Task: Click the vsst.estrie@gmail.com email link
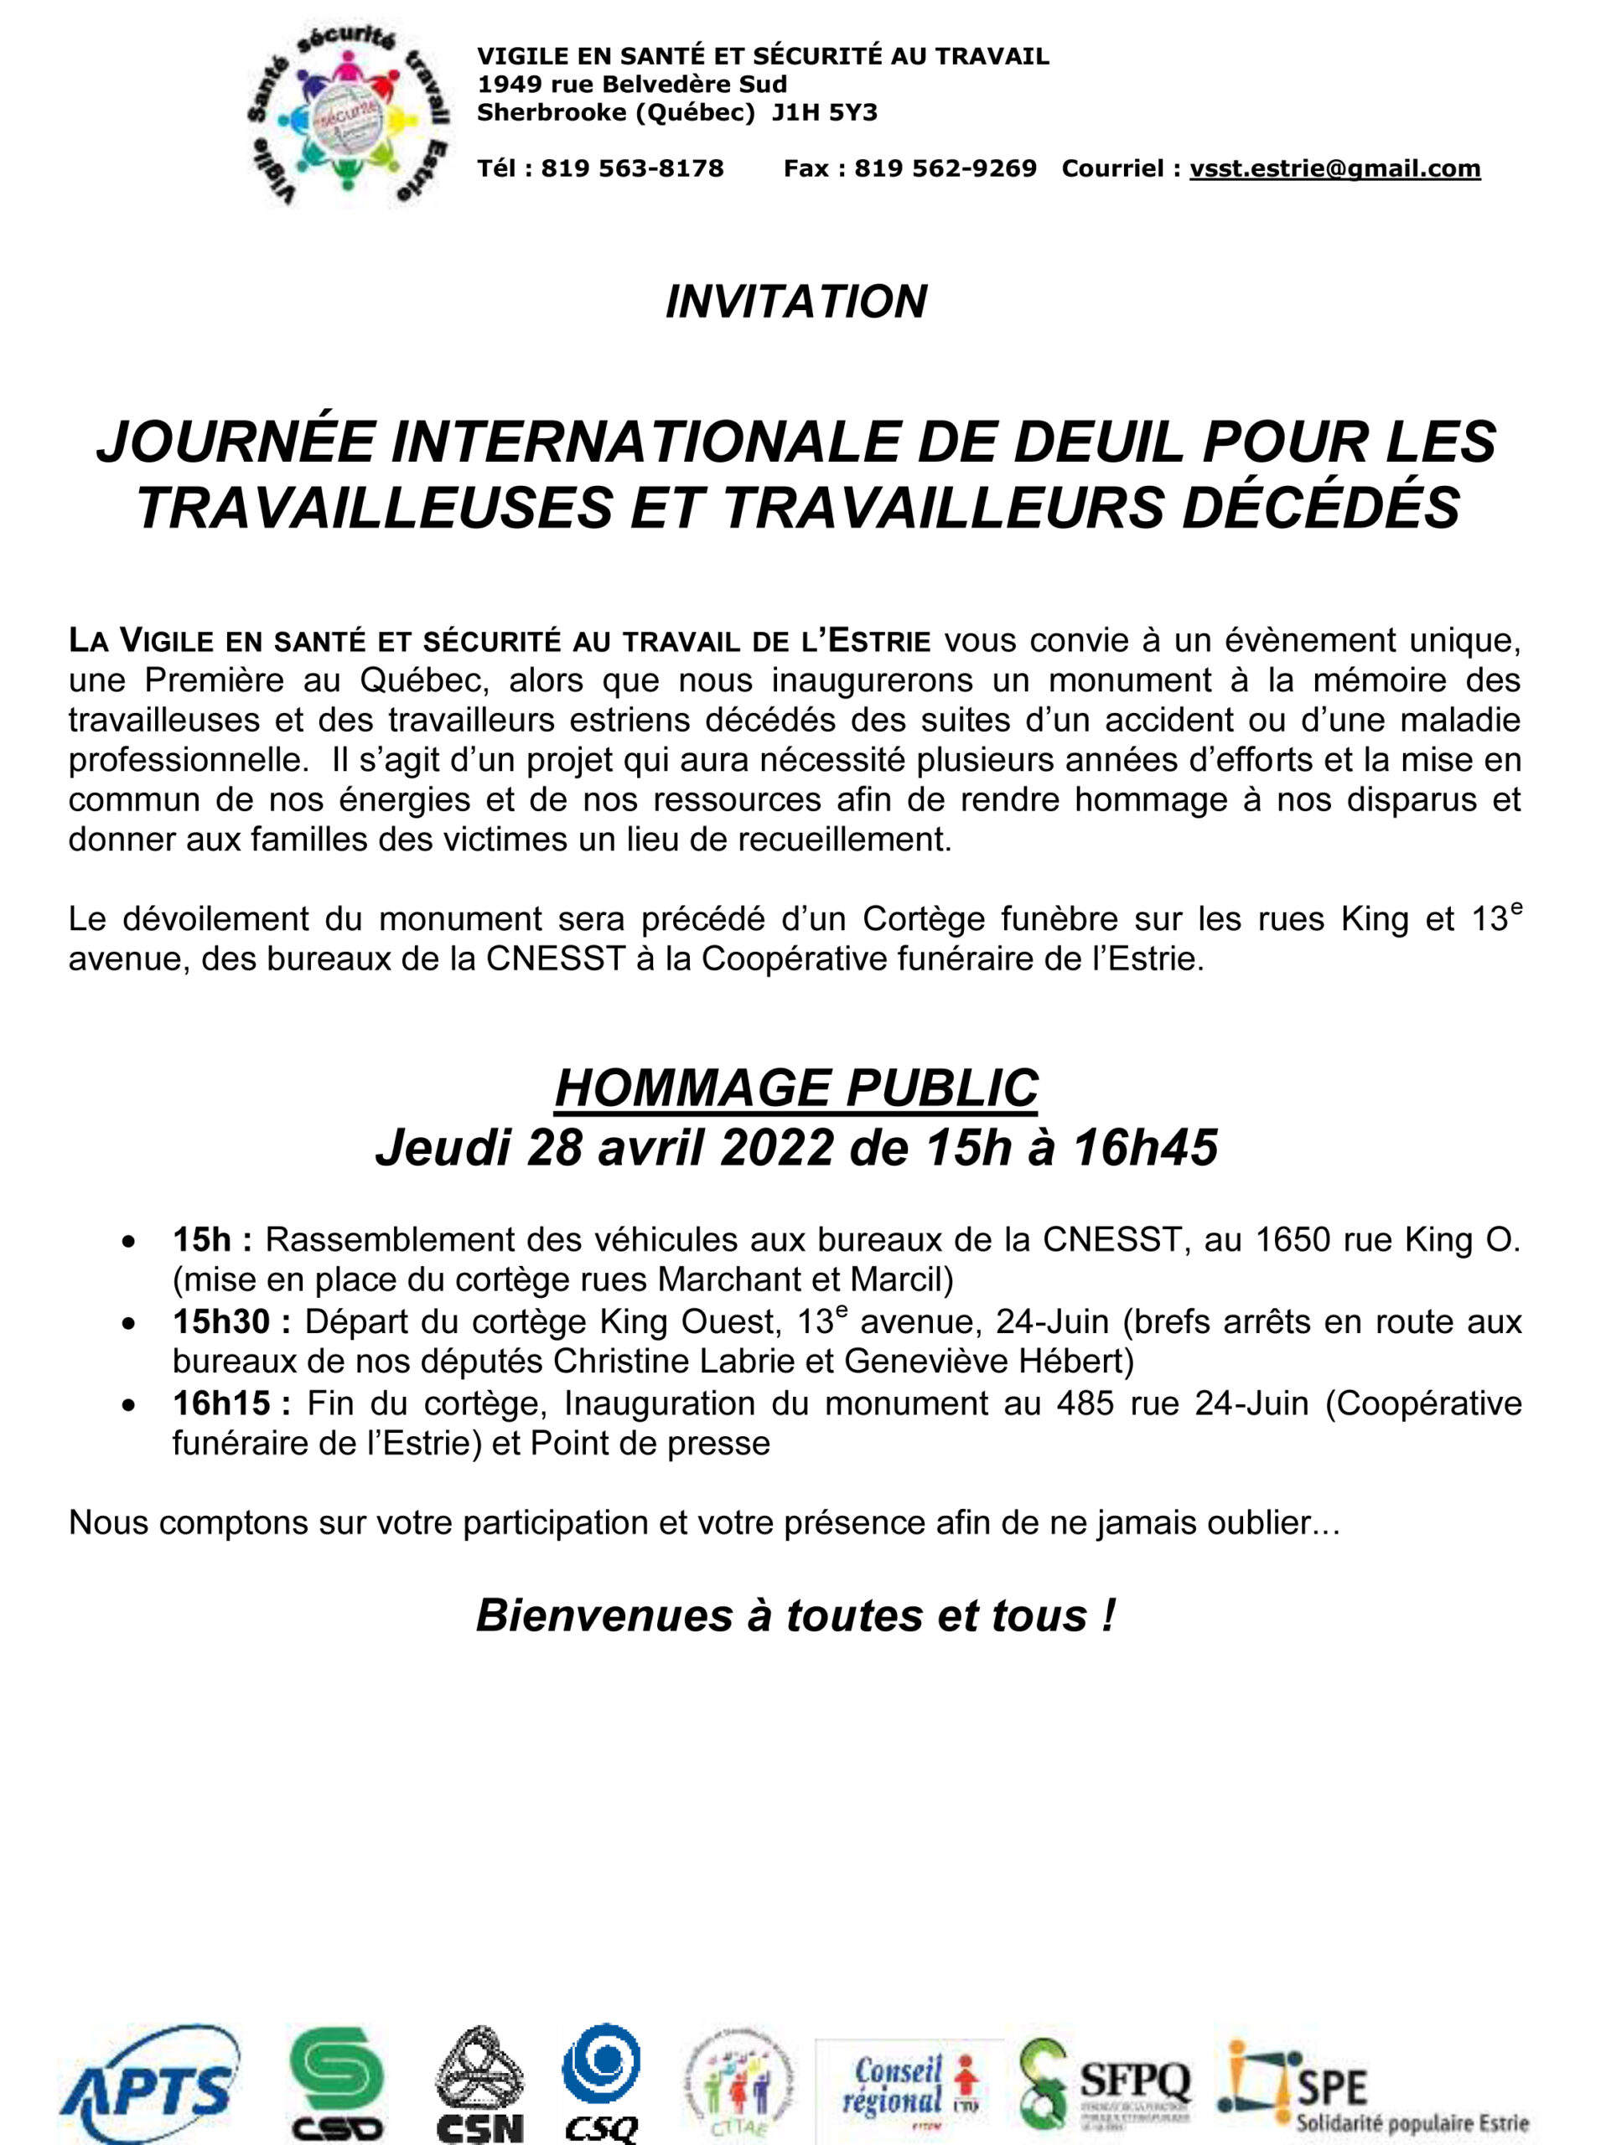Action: [x=1334, y=168]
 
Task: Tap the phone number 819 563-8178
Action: [x=632, y=168]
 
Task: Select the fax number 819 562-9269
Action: [x=945, y=168]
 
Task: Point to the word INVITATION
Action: [x=796, y=302]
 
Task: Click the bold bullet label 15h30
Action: [x=221, y=1321]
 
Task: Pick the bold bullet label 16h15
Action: [x=221, y=1403]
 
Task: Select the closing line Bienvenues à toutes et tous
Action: [x=796, y=1615]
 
